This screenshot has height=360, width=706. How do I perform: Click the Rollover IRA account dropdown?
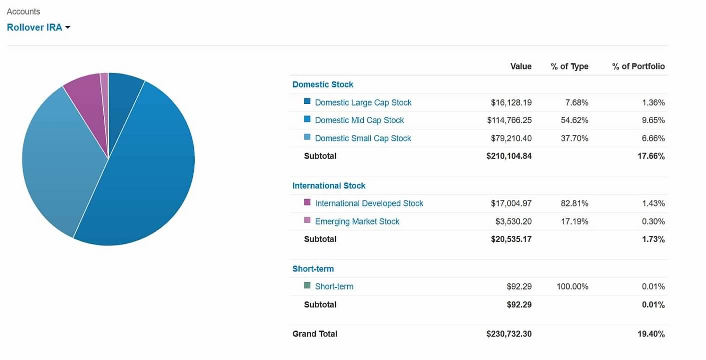(x=38, y=27)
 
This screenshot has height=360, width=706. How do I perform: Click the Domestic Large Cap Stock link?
(x=363, y=102)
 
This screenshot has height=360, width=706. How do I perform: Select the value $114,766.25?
(x=509, y=120)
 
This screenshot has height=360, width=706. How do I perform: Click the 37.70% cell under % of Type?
(x=575, y=138)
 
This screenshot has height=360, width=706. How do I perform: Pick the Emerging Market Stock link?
(x=357, y=221)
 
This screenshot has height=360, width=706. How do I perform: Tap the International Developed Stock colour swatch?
(x=307, y=202)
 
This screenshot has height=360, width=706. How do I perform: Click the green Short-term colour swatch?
(x=307, y=285)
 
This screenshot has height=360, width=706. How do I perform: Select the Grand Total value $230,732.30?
(x=509, y=334)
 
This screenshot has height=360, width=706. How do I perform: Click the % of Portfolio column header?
(x=639, y=66)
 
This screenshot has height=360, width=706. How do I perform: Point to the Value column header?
(x=521, y=66)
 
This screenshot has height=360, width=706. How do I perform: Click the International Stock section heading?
(x=329, y=185)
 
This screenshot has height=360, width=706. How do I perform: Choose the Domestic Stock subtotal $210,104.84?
(x=509, y=156)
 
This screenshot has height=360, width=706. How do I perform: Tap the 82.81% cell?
(x=575, y=203)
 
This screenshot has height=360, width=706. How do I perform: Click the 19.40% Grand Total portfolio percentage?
(x=651, y=334)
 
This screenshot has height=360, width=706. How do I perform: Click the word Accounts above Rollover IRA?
(x=23, y=11)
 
